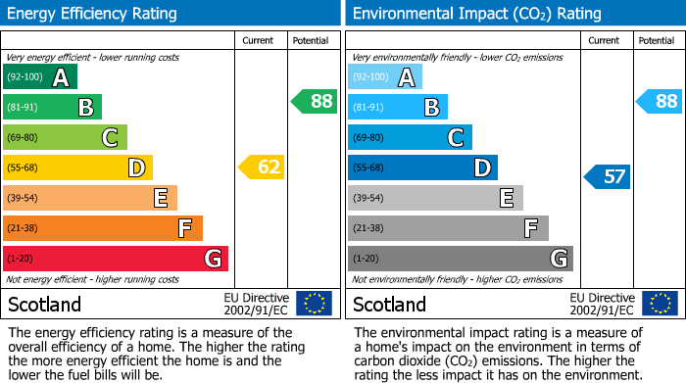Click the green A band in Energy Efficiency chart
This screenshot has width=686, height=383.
pos(39,77)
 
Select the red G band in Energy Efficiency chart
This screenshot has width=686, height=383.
pos(115,259)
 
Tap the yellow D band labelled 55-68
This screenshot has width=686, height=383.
pos(77,168)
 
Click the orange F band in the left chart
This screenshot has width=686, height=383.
pos(102,228)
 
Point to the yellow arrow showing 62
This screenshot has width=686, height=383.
pos(263,168)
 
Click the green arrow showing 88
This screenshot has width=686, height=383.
pos(315,101)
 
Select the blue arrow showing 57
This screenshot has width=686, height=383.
pos(608,177)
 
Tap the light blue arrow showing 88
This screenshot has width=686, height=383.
pos(660,101)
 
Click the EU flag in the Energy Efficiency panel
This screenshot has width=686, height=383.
pos(314,303)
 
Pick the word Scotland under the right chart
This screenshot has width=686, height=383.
pos(389,304)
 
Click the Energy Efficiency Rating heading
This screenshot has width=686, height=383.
pos(93,14)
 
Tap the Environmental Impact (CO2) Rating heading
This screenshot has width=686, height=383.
pos(475,14)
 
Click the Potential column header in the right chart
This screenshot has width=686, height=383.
pos(656,40)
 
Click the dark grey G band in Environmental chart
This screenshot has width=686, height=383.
pos(460,259)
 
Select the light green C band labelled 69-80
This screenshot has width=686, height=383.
pos(65,138)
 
